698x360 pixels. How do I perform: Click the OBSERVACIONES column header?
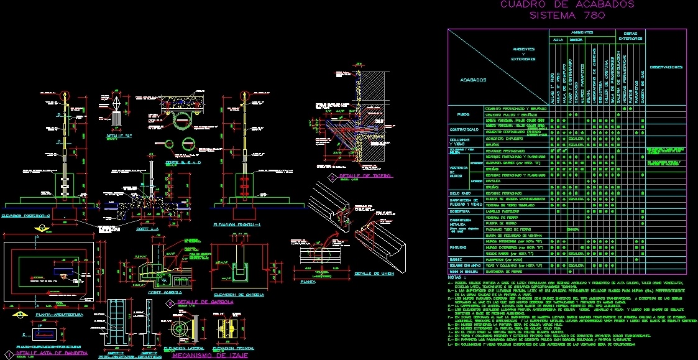tap(666, 67)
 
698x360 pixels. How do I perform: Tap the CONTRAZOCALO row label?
tap(464, 129)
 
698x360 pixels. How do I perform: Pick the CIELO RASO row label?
tap(461, 194)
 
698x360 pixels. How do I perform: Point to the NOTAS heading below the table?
tap(457, 277)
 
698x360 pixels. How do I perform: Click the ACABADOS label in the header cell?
tap(473, 80)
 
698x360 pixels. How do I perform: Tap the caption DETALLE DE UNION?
tap(375, 273)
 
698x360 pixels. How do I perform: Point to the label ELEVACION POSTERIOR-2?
tap(25, 216)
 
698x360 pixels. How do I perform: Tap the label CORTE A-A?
tap(148, 229)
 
